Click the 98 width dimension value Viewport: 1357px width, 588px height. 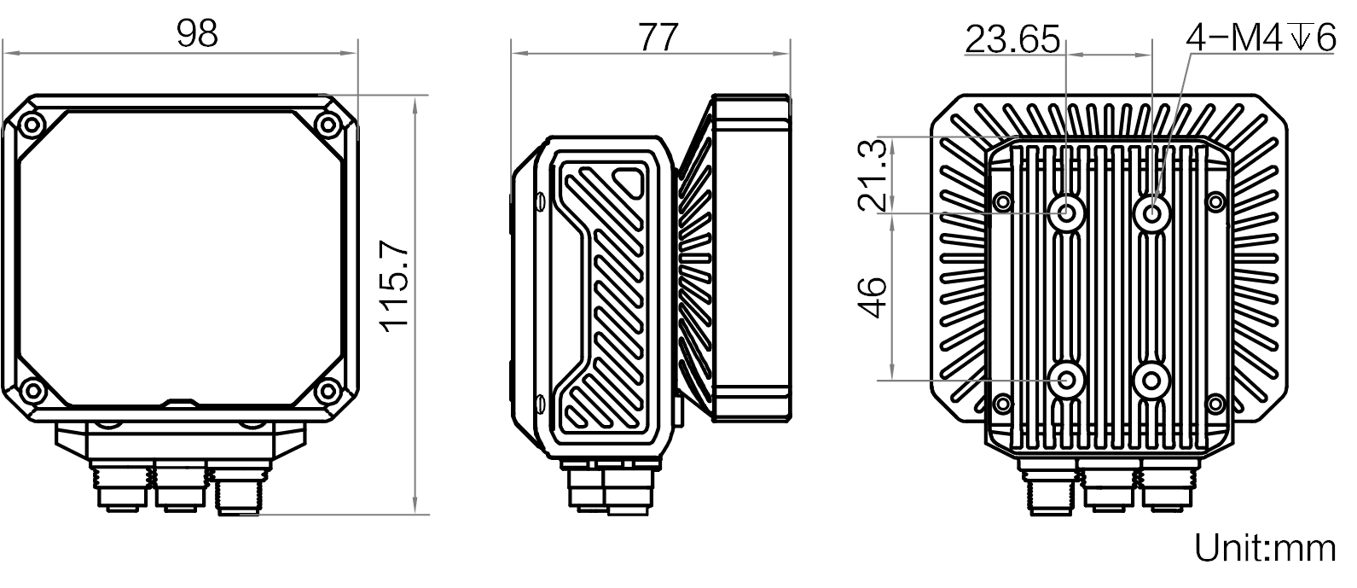(x=197, y=34)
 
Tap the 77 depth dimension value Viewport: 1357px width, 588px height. (x=658, y=38)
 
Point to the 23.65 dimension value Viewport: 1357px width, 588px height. (x=1012, y=40)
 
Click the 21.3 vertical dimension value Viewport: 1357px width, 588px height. (x=873, y=175)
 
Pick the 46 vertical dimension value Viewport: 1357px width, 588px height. (x=873, y=297)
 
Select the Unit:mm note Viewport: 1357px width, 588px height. (x=1265, y=548)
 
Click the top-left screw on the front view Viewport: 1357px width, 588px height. (x=32, y=125)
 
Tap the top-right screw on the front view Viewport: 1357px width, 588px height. (x=328, y=125)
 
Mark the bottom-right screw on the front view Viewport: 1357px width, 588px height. (x=328, y=391)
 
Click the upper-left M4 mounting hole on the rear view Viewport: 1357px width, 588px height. (x=1067, y=212)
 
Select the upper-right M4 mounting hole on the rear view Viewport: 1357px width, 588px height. (x=1152, y=212)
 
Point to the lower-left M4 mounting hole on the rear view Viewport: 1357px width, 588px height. (x=1067, y=381)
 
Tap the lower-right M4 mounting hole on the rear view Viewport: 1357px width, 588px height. (x=1152, y=381)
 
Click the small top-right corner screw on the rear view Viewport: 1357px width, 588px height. (x=1216, y=201)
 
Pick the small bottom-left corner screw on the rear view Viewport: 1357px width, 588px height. (x=1003, y=403)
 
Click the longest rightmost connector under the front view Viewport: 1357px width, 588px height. (x=241, y=489)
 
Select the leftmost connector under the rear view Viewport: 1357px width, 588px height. (x=1050, y=488)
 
